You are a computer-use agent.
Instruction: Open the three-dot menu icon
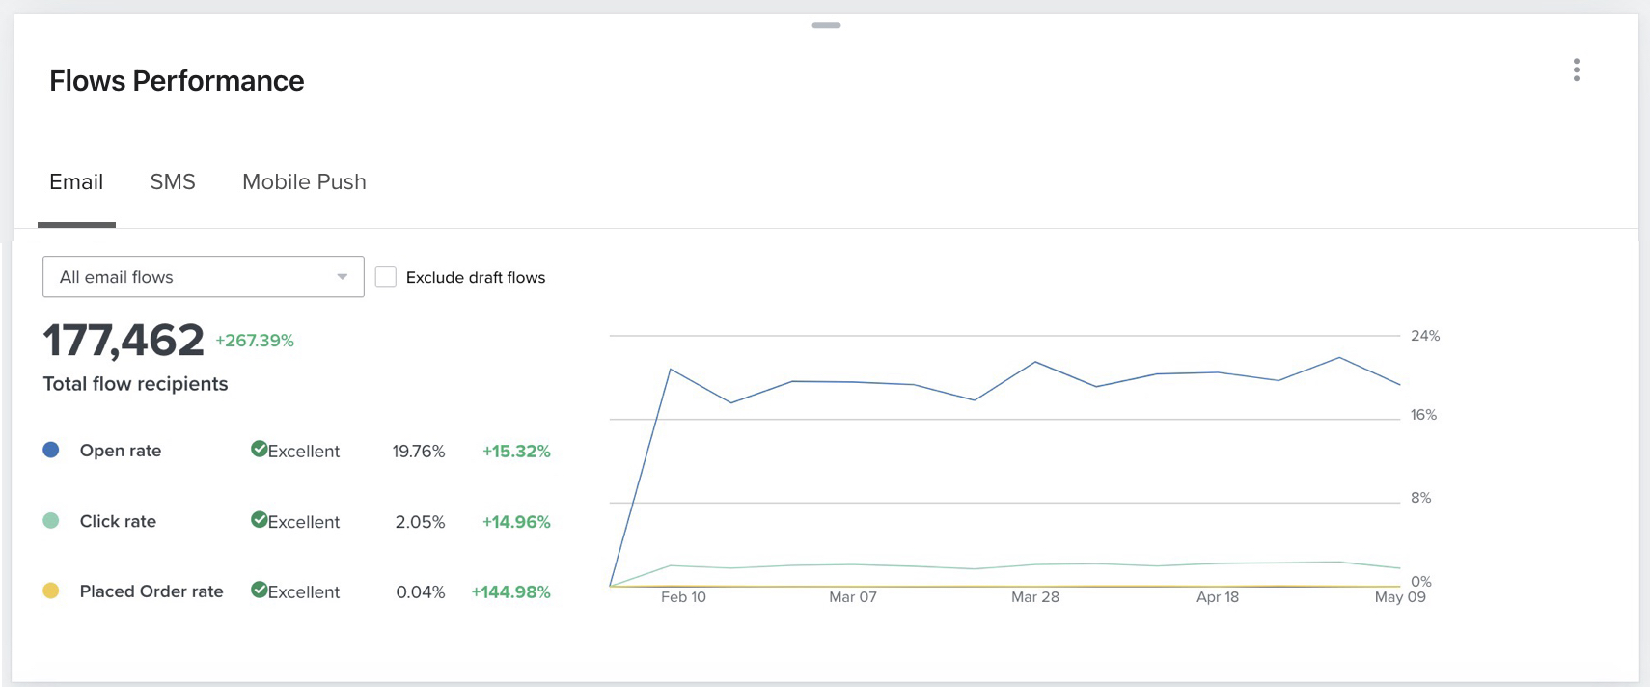1576,69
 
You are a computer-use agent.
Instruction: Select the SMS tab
173,181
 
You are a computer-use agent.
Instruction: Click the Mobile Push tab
304,181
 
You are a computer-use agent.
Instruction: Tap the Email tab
76,181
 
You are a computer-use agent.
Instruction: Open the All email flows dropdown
204,277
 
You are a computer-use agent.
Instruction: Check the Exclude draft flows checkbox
386,277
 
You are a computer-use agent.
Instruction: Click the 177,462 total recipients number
124,341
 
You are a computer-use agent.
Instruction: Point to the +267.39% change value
255,341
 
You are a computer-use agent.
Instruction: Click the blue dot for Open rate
51,450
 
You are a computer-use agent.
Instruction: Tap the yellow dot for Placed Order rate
51,591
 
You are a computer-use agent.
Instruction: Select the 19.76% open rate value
418,451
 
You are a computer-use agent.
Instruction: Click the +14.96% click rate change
516,522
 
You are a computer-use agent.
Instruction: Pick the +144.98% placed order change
510,592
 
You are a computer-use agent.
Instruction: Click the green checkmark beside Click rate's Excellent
259,519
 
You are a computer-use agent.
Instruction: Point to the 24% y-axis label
1424,336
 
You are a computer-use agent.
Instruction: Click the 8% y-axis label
1420,498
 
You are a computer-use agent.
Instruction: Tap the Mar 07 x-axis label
853,597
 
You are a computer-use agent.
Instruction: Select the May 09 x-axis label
1399,597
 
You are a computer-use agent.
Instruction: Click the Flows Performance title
177,81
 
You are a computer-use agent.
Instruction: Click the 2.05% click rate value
420,522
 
